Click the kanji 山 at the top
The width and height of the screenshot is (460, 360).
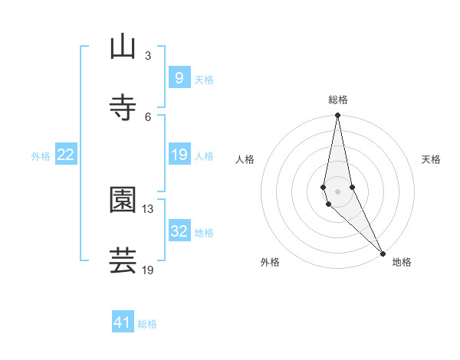point(123,47)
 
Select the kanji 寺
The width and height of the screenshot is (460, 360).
point(123,108)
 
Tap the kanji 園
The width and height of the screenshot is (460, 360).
point(123,200)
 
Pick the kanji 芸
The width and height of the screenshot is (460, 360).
point(123,261)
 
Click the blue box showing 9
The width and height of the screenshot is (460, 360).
point(179,78)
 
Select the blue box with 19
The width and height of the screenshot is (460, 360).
point(179,155)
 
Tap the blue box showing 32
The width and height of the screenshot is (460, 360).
point(179,231)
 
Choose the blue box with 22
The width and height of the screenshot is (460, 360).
point(66,155)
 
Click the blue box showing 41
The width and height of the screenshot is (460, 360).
point(123,322)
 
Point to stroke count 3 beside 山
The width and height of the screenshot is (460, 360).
point(148,55)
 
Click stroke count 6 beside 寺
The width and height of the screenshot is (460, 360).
point(148,116)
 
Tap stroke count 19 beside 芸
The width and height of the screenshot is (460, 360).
point(148,270)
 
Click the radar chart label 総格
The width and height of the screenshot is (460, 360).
point(338,100)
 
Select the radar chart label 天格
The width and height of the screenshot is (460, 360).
point(431,159)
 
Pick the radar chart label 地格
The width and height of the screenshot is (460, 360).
point(402,262)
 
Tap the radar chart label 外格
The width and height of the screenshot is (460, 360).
point(270,262)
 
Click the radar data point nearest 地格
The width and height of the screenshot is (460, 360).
point(383,254)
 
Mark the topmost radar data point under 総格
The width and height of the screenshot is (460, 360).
point(337,116)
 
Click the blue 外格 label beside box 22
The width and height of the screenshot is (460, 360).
point(41,155)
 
